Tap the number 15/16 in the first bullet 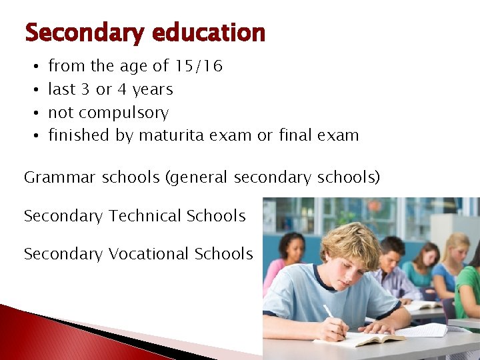point(198,66)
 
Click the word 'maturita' point(171,135)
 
